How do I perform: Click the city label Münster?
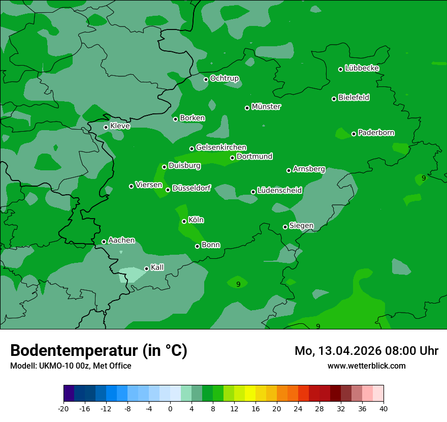(266, 107)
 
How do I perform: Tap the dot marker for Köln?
(184, 221)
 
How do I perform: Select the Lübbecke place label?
(362, 68)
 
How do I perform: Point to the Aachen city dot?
(104, 242)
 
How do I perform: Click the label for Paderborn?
(376, 133)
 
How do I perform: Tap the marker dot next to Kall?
(146, 268)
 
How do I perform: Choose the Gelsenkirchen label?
(221, 147)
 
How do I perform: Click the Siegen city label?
(301, 226)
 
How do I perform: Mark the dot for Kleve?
(106, 127)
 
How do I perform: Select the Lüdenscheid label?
(279, 191)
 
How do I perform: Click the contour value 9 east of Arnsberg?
(424, 178)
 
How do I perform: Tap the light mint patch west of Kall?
(131, 275)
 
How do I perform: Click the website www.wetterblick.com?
(366, 366)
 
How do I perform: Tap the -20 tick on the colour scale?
(63, 408)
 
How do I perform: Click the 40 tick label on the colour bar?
(384, 408)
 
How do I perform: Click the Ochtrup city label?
(224, 78)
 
